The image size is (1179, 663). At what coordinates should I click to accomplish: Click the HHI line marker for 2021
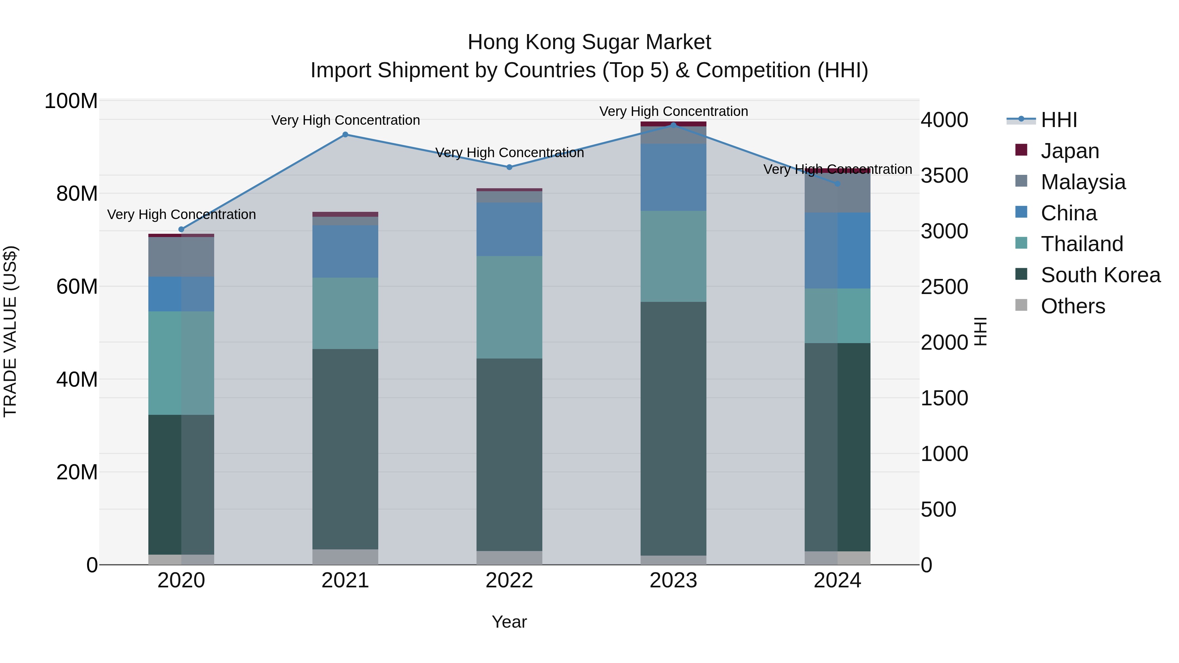pos(345,135)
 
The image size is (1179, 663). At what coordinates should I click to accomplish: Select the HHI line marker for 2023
pos(673,125)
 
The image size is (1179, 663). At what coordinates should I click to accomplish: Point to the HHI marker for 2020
pos(181,229)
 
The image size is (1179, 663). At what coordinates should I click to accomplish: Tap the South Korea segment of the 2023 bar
pos(673,428)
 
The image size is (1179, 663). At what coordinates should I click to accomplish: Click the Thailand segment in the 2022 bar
pos(509,307)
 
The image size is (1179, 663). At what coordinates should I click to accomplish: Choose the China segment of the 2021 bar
pos(345,251)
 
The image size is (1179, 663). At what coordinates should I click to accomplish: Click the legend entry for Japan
pos(1069,151)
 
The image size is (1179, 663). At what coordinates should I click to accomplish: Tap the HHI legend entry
pos(1058,120)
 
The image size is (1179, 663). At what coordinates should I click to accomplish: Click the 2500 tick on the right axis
pos(944,287)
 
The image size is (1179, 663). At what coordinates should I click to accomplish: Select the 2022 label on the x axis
pos(509,580)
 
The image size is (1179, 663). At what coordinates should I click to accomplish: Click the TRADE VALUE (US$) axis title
pos(10,332)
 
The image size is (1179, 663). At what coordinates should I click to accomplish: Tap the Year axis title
pos(509,622)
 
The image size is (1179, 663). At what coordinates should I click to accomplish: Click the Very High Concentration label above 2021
pos(345,120)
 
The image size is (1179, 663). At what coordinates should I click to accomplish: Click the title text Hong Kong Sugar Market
pos(589,42)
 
